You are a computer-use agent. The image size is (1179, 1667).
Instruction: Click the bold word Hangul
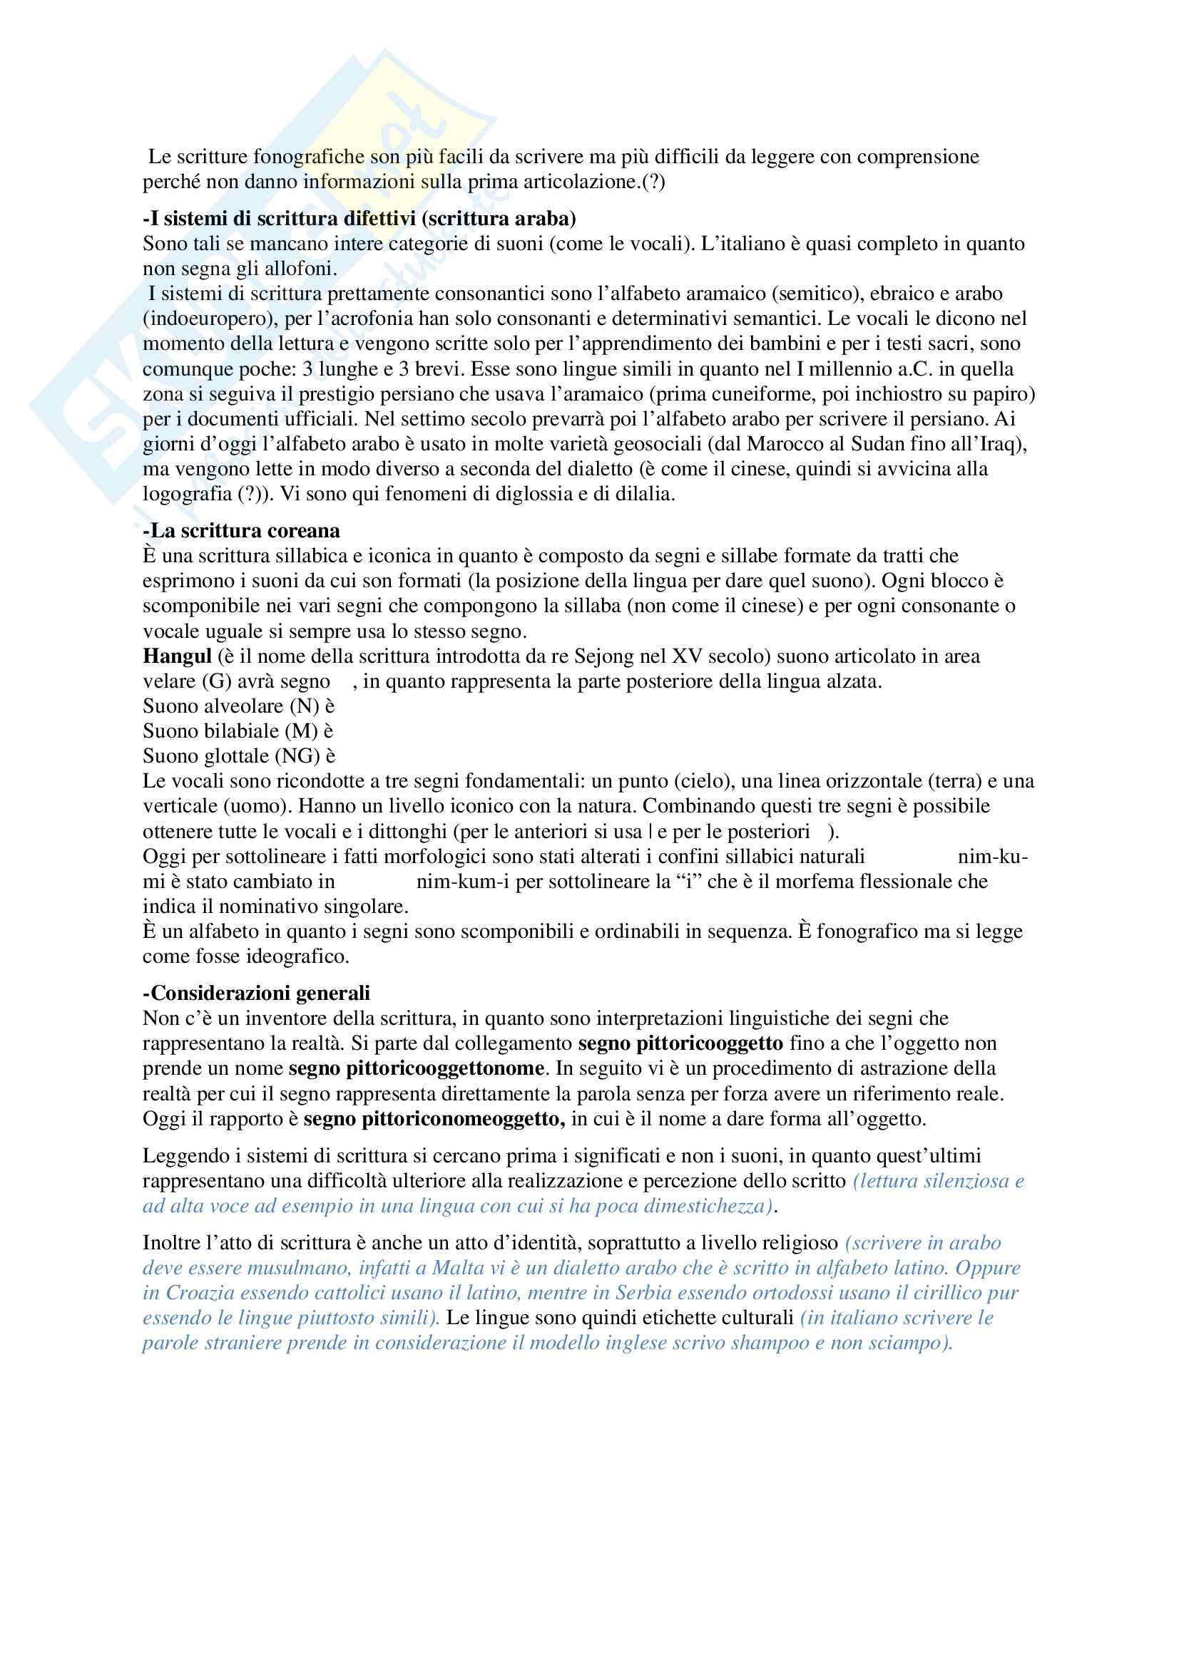(x=176, y=656)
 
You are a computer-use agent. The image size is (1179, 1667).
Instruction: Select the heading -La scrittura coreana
(x=241, y=531)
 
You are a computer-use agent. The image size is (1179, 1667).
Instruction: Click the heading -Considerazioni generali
(x=256, y=993)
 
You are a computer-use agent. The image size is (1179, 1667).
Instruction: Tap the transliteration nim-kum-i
(x=463, y=882)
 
